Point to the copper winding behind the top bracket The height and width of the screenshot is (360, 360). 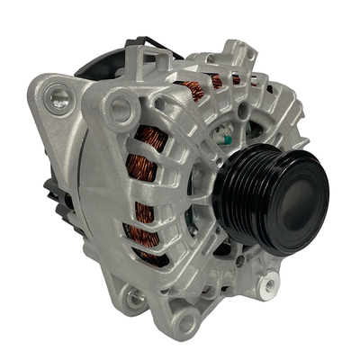[193, 87]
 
